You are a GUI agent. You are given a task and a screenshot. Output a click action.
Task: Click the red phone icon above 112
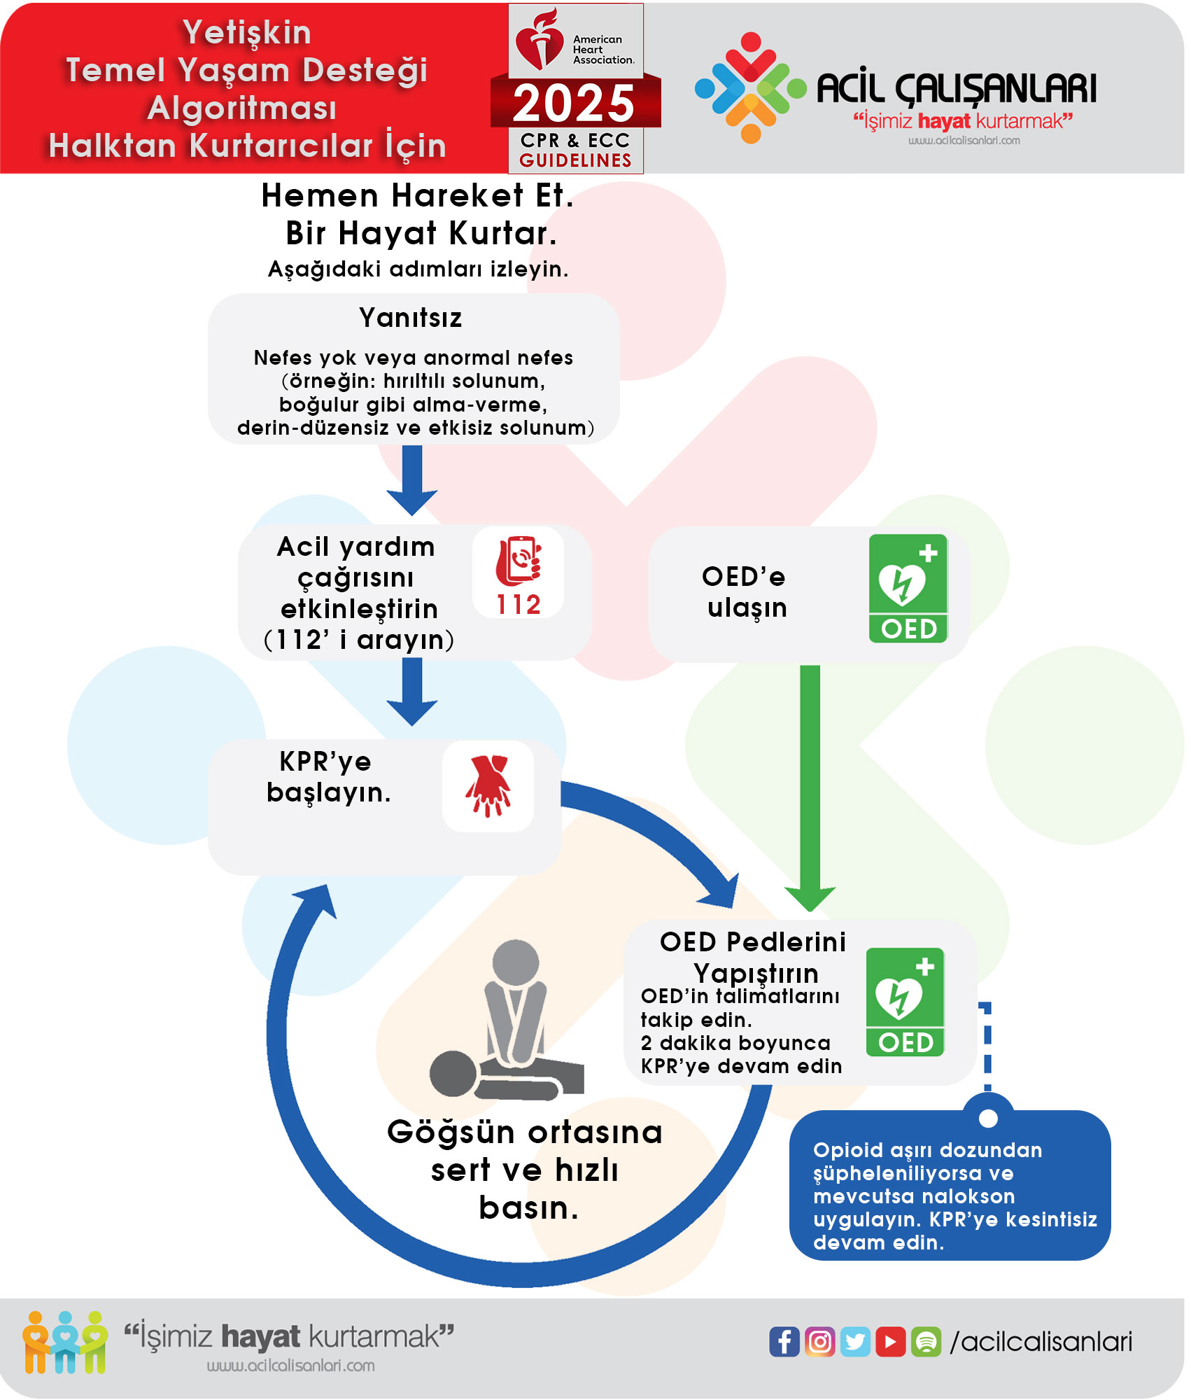[519, 561]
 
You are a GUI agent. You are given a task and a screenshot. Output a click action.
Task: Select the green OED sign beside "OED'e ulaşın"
[908, 588]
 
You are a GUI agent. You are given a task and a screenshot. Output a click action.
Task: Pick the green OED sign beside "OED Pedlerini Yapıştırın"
[905, 1002]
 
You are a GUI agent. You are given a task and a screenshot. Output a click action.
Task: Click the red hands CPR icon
[488, 785]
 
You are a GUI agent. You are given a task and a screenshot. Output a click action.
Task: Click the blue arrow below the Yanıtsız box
[412, 480]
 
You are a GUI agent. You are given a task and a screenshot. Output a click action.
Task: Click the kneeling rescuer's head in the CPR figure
[516, 962]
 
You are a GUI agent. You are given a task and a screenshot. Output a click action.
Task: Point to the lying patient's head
[453, 1073]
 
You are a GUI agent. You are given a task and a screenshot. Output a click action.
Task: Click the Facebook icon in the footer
[784, 1341]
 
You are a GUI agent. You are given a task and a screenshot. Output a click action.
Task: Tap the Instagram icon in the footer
[819, 1341]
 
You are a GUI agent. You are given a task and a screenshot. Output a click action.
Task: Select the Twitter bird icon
[855, 1341]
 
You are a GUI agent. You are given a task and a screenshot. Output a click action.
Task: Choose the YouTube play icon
[890, 1341]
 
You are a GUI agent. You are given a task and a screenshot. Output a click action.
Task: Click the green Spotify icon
[926, 1341]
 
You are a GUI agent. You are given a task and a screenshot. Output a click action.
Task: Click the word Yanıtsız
[411, 318]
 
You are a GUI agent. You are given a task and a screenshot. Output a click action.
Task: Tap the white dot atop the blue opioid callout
[988, 1118]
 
